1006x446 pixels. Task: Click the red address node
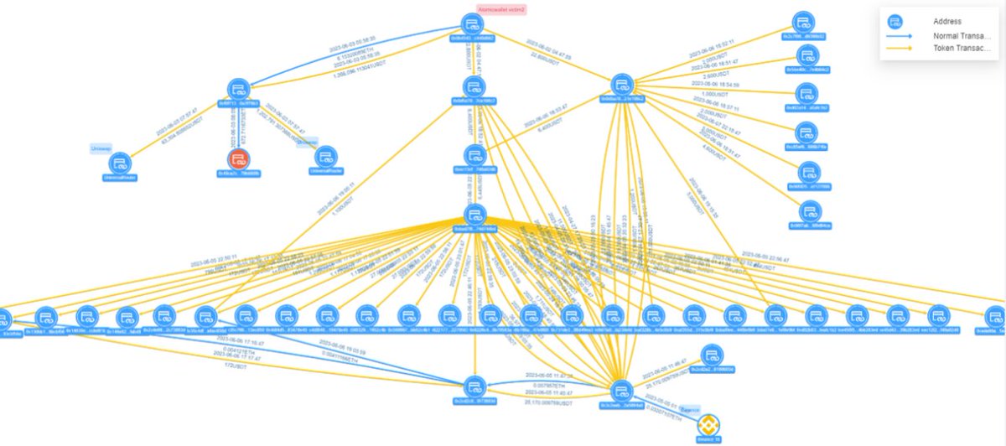click(x=240, y=159)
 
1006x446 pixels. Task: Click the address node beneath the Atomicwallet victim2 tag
click(x=474, y=24)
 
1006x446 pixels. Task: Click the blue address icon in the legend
click(x=895, y=21)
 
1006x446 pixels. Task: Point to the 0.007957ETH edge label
click(x=550, y=384)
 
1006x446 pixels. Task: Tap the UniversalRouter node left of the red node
click(x=119, y=163)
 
